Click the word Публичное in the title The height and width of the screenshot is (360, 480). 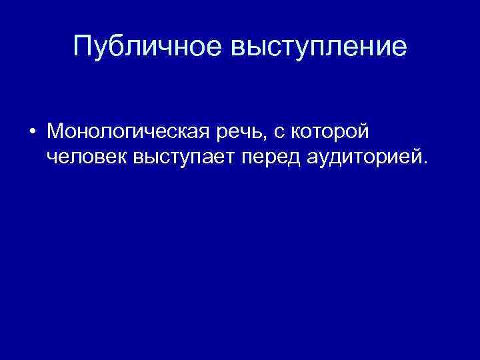148,47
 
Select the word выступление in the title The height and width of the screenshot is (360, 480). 319,47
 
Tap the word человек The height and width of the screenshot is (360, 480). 88,159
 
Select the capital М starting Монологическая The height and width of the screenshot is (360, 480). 56,131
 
